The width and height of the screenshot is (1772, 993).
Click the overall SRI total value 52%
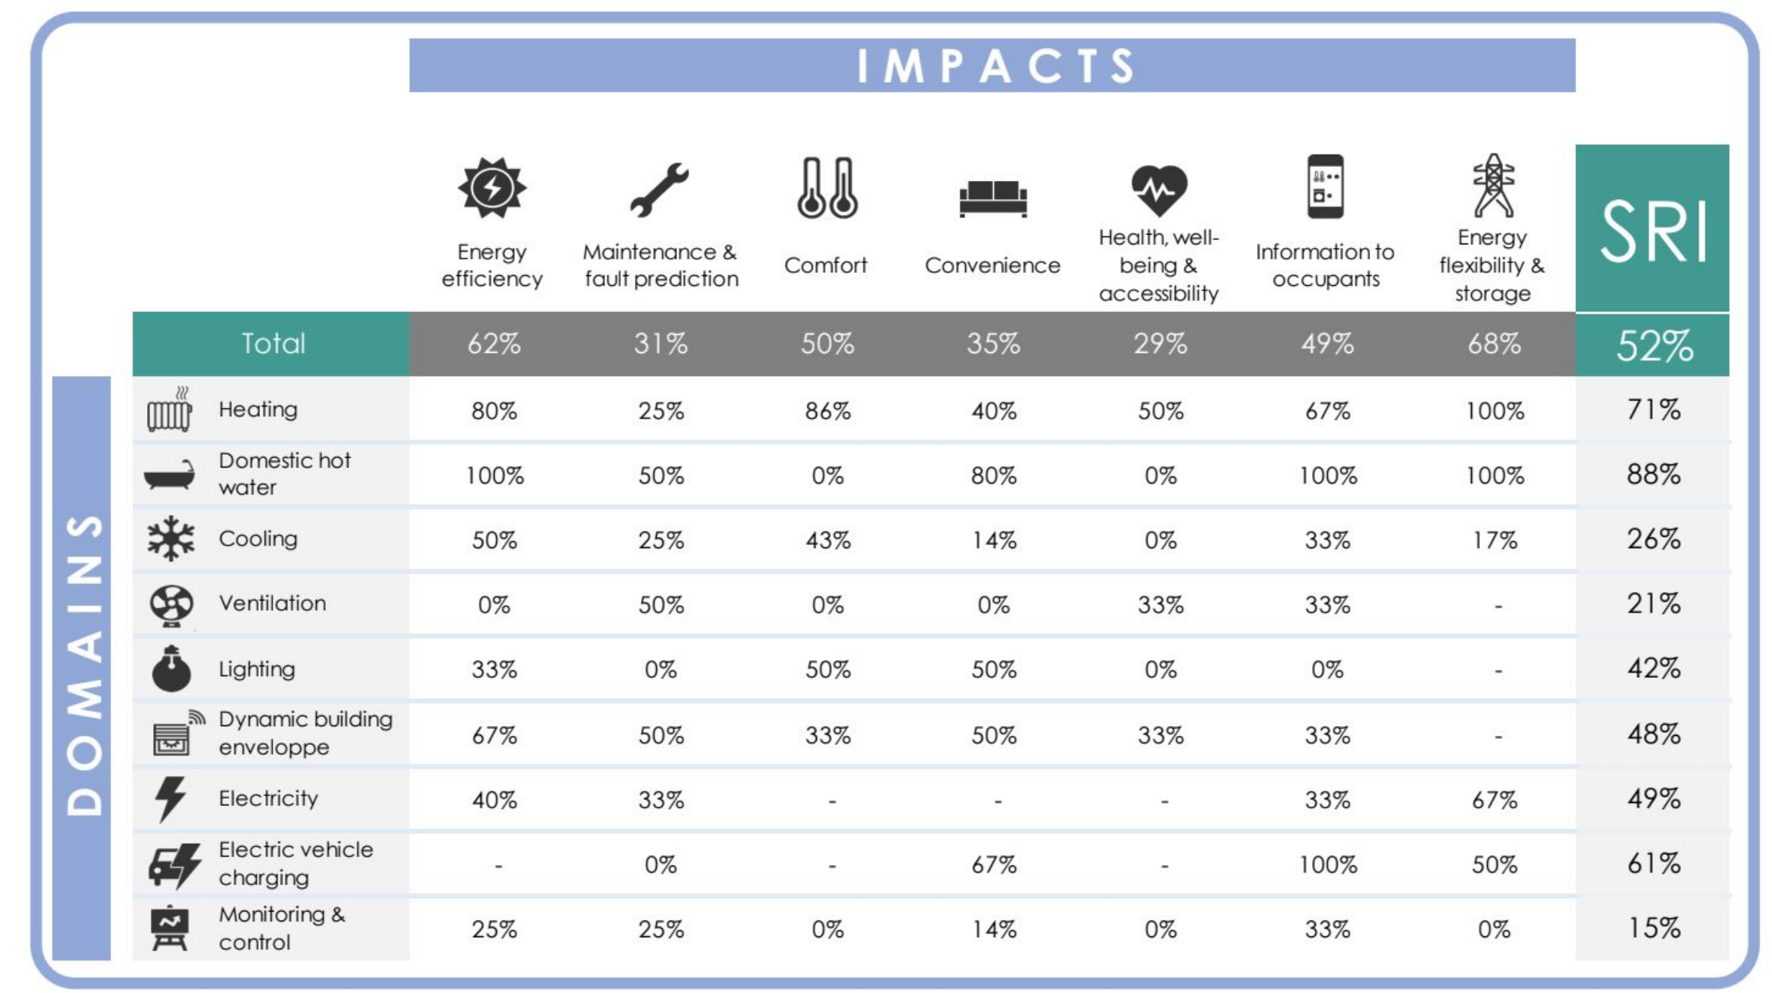coord(1653,345)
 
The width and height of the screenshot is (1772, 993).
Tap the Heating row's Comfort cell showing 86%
coord(827,411)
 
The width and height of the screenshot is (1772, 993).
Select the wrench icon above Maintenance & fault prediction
coord(659,189)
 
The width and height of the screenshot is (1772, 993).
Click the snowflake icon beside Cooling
coord(171,538)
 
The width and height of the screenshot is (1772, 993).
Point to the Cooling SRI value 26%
coord(1653,539)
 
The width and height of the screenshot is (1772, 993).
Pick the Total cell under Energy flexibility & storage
coord(1493,344)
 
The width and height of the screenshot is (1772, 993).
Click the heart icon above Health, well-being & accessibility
coord(1159,189)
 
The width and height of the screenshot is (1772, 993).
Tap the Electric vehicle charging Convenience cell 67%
coord(993,864)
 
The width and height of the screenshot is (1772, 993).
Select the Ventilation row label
coord(272,603)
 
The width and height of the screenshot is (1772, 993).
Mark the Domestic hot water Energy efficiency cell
coord(494,476)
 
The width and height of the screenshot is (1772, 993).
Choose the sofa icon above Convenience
coord(993,198)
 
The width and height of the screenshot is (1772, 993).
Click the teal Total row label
coord(272,344)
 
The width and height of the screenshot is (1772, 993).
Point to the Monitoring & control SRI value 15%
coord(1653,928)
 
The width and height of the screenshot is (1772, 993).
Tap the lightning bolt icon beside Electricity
coord(170,798)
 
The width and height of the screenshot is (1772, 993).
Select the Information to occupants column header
coord(1325,265)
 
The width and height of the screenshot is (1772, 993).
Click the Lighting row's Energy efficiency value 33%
coord(494,670)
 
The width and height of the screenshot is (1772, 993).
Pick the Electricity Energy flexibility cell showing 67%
coord(1494,800)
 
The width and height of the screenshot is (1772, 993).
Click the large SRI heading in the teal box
coord(1652,232)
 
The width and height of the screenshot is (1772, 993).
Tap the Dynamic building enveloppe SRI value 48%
coord(1653,734)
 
